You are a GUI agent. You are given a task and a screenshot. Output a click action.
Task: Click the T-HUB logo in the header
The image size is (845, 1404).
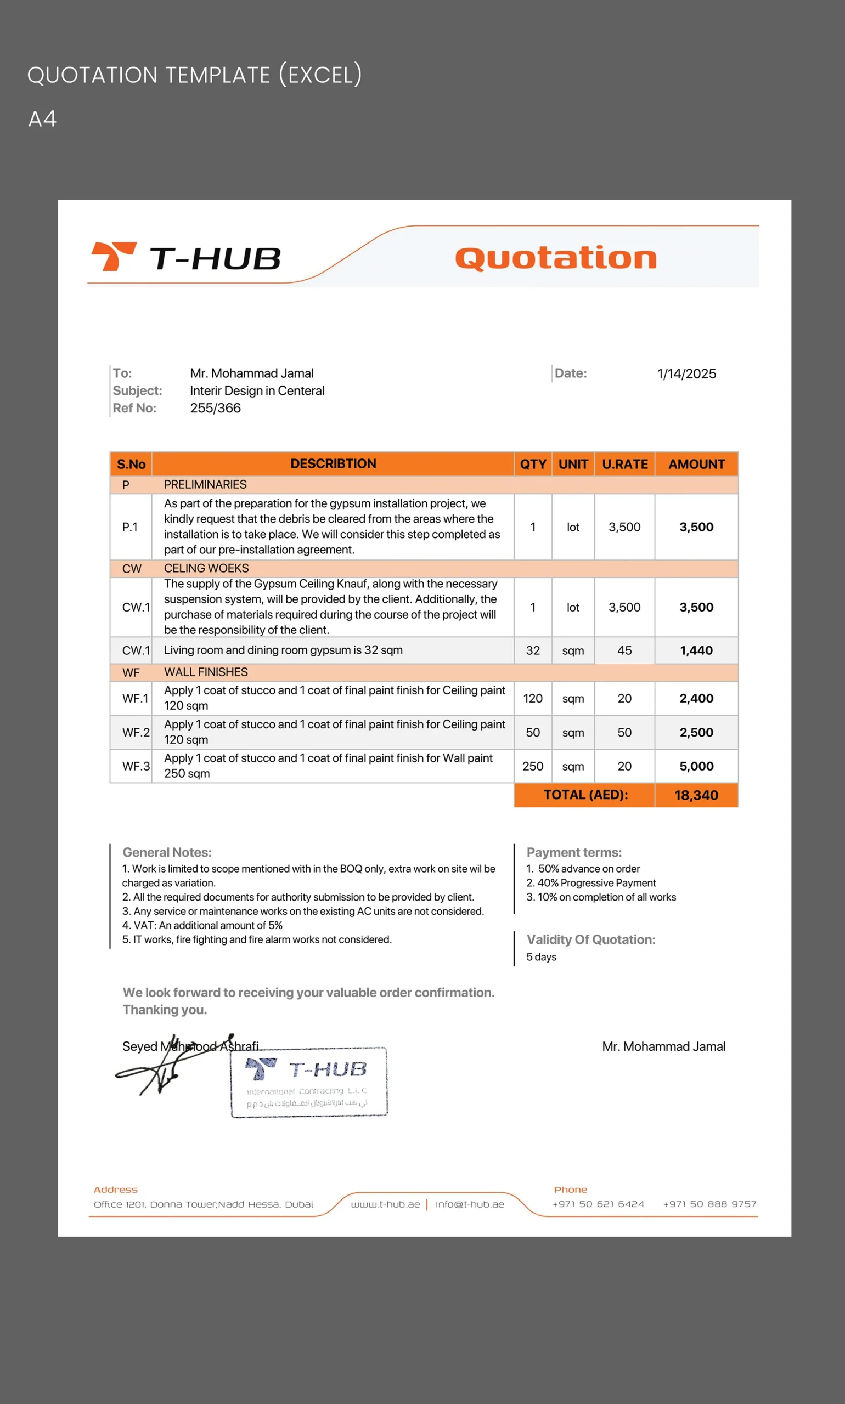[185, 258]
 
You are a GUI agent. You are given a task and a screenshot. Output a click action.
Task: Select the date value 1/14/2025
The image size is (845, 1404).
[686, 374]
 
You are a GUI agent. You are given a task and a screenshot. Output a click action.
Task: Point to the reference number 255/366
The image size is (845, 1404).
[215, 408]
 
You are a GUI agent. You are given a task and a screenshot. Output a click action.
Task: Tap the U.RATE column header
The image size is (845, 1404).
[624, 465]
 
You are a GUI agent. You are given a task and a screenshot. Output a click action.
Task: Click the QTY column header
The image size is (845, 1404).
[532, 465]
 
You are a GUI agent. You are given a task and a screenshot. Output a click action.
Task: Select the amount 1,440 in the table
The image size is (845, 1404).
[696, 650]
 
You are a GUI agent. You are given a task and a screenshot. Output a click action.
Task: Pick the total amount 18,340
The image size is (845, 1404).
[696, 795]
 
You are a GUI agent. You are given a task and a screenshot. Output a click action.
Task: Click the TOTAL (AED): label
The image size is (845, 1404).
[585, 795]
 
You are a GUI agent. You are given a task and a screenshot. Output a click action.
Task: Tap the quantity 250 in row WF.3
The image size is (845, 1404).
[532, 767]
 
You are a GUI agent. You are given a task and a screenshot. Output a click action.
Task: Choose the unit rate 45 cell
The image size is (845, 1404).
[624, 650]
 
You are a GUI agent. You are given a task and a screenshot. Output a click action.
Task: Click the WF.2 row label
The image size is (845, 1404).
[136, 733]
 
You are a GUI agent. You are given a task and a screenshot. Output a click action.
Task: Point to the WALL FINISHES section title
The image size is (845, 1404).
[206, 672]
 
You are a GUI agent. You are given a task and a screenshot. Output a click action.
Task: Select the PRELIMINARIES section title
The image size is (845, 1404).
[205, 484]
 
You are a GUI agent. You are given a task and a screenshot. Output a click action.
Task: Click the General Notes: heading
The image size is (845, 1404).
[167, 852]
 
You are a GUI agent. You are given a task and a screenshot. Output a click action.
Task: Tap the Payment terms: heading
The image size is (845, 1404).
[574, 852]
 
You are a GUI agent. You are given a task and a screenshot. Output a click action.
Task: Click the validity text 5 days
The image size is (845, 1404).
[541, 956]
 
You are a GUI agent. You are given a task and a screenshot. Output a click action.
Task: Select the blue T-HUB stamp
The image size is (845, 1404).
[308, 1082]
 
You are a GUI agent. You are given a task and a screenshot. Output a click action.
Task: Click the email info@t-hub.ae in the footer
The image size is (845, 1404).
[470, 1204]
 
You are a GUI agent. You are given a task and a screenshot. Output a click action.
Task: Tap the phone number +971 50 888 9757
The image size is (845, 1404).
[709, 1204]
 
